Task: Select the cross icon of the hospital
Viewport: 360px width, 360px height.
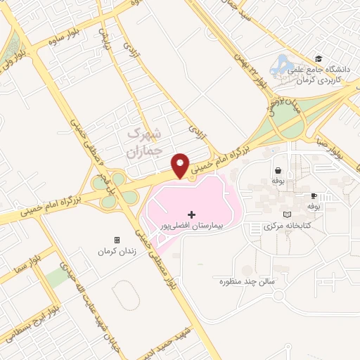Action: point(191,214)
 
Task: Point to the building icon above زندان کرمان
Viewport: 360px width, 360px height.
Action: point(117,239)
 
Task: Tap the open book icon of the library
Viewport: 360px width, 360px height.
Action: point(285,214)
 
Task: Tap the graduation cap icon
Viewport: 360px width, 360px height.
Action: point(318,60)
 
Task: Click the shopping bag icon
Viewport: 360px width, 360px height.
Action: point(278,170)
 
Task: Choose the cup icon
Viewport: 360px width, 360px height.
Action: point(314,196)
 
